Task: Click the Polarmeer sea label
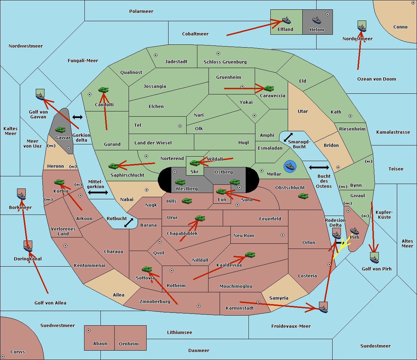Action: tap(141, 11)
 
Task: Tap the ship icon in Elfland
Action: tap(286, 20)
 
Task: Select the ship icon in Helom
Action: tap(317, 20)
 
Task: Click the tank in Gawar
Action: tap(60, 130)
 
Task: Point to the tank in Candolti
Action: tap(104, 90)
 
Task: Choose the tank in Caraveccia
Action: tap(269, 89)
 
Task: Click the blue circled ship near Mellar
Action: tap(289, 166)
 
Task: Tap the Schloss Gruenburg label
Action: tap(225, 62)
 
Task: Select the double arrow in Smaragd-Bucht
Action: tap(288, 137)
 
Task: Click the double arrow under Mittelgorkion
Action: tap(98, 192)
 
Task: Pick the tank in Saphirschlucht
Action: tap(114, 166)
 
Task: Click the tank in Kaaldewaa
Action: tap(250, 255)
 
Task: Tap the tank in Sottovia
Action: tap(147, 269)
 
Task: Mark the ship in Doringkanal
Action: tap(28, 248)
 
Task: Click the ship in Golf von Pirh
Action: tap(374, 258)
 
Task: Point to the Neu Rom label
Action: tap(244, 236)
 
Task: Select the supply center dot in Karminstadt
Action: tap(258, 302)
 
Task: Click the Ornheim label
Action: tap(129, 344)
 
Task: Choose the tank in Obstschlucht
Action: tap(303, 196)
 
